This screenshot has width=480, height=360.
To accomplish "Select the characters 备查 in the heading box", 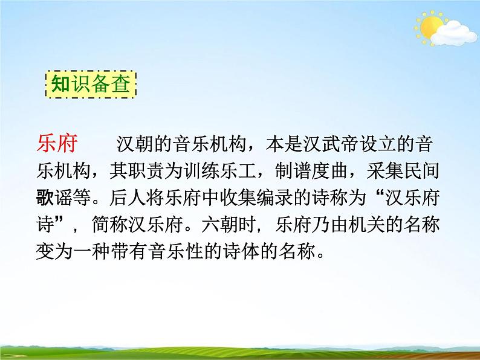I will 110,85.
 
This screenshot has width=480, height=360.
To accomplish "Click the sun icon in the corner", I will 430,27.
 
